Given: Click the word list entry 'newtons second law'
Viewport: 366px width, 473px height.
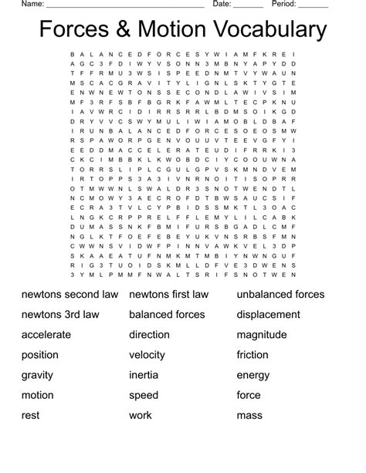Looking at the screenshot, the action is tap(69, 294).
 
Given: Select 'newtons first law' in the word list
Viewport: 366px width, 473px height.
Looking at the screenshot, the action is tap(168, 294).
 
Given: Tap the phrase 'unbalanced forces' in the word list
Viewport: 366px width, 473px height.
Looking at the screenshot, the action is tap(280, 294).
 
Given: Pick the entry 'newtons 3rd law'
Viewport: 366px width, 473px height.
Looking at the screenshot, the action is tap(60, 314).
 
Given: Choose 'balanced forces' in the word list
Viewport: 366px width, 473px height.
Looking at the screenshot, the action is tap(167, 314).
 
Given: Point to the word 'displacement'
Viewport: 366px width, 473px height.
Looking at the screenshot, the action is tap(269, 314).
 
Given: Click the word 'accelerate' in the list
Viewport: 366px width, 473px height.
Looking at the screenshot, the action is tap(46, 335).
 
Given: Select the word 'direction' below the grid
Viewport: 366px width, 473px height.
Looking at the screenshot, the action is tap(149, 335).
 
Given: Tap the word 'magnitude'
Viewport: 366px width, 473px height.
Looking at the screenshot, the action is tap(262, 335).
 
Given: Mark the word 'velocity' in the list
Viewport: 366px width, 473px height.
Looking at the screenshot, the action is tap(147, 355).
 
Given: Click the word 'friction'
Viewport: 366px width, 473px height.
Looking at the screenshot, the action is tap(252, 355).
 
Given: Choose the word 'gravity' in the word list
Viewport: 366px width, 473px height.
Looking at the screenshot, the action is tap(39, 376).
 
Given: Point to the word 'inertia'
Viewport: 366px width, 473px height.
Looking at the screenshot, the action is tap(144, 376).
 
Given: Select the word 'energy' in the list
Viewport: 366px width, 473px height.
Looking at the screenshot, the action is tap(254, 376).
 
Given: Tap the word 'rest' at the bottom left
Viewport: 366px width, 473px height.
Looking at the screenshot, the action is tap(30, 416).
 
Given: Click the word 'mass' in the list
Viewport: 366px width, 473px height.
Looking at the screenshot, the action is tap(250, 416).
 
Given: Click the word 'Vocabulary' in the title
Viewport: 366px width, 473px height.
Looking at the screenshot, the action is tap(269, 30).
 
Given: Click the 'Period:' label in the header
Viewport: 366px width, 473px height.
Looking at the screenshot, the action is tap(285, 4).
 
